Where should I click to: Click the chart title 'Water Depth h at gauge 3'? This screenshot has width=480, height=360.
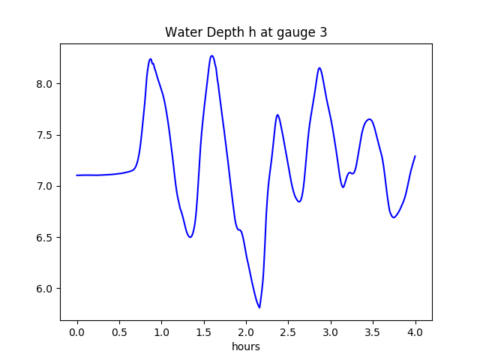click(246, 32)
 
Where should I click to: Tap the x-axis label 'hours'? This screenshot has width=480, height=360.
click(246, 347)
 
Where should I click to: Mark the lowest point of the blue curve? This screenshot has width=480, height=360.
click(259, 307)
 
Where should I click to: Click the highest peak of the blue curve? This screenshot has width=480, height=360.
click(212, 55)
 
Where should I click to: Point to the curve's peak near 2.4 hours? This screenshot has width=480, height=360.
click(277, 115)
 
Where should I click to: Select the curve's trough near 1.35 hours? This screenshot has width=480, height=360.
click(190, 237)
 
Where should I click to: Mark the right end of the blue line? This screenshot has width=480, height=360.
click(415, 156)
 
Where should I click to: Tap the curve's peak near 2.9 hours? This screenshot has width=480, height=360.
click(319, 68)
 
